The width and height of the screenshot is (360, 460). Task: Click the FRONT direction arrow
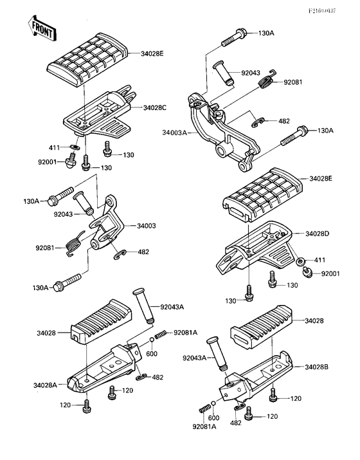[x=42, y=29]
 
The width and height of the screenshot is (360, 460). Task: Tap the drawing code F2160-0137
[x=321, y=11]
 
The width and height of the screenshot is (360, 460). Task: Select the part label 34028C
[x=154, y=107]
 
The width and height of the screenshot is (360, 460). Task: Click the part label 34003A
[x=175, y=133]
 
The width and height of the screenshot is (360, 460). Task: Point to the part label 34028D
[x=317, y=234]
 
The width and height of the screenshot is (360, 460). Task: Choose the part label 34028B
[x=317, y=367]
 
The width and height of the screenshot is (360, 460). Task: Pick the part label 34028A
[x=46, y=385]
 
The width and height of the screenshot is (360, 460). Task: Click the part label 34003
[x=147, y=226]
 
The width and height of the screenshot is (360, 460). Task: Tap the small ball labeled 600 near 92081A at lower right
[x=213, y=403]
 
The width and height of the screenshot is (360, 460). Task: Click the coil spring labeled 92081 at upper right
[x=267, y=79]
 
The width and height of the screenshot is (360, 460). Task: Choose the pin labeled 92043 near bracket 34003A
[x=224, y=73]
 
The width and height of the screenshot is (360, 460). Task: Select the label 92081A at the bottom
[x=204, y=427]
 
